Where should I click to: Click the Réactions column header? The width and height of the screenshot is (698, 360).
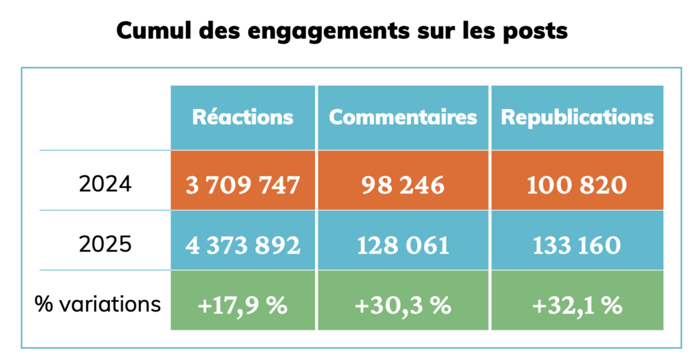point(243,117)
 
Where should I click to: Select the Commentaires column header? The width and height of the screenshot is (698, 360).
point(403,117)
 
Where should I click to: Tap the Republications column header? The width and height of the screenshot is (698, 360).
point(577,117)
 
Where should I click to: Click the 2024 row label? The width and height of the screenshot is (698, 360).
point(105,185)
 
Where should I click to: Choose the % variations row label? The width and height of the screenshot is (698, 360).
point(98,303)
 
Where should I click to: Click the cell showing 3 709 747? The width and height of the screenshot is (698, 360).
point(243,185)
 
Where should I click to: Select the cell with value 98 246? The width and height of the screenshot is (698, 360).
point(403,185)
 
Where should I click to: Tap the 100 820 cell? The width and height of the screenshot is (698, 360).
point(577,185)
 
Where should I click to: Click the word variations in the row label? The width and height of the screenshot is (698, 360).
point(110,303)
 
